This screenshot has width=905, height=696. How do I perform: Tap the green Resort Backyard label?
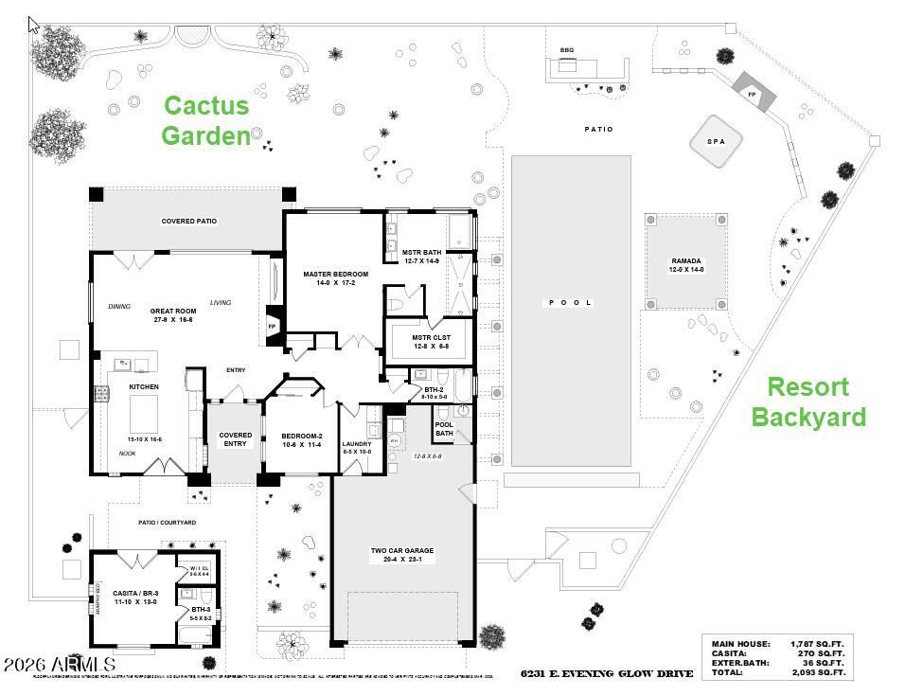click(807, 402)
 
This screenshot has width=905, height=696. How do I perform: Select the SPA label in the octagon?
click(716, 141)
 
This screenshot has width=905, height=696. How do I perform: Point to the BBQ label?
click(567, 50)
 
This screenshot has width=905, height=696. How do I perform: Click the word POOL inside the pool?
click(570, 303)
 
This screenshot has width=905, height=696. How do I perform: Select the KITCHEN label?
click(144, 386)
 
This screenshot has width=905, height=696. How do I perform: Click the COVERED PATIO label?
click(189, 222)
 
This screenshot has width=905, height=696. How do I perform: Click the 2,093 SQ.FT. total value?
click(817, 673)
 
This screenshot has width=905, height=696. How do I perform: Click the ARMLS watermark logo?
click(59, 665)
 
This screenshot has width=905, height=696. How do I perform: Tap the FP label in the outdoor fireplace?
click(753, 95)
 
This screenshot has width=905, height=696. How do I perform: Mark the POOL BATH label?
click(444, 428)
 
